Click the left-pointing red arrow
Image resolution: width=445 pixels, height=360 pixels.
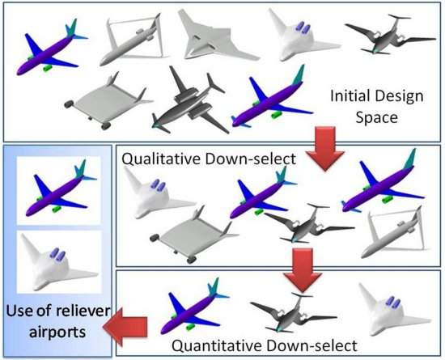click(x=129, y=326)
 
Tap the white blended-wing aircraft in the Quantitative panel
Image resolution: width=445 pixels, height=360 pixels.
click(x=387, y=308)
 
